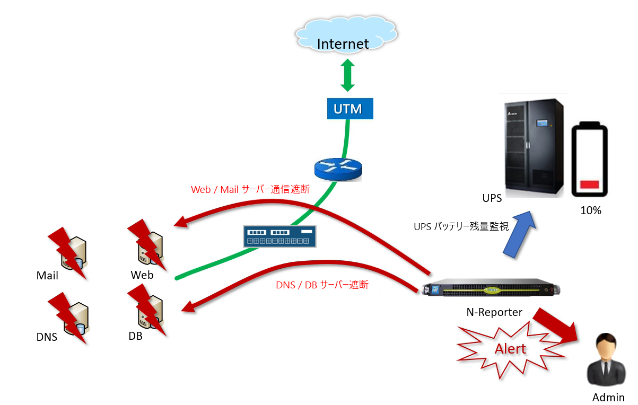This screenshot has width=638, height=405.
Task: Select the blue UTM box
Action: (347, 109)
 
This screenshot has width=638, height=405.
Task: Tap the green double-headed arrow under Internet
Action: (347, 75)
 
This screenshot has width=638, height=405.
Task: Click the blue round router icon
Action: (338, 168)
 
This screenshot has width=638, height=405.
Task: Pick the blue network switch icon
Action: (279, 236)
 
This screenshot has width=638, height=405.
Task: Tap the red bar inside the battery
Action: (590, 185)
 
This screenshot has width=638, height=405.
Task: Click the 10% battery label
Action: (590, 210)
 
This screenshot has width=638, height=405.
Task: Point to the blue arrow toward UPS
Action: (518, 233)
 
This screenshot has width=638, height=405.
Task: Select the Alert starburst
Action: (510, 348)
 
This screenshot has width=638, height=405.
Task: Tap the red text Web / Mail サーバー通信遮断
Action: (250, 189)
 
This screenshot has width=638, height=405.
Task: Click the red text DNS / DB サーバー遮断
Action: (322, 285)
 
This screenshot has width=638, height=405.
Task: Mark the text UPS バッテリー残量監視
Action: (461, 227)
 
